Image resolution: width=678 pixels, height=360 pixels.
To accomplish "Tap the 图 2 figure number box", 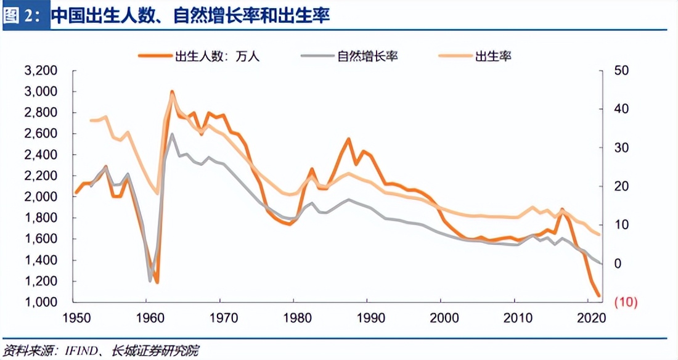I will (23, 15).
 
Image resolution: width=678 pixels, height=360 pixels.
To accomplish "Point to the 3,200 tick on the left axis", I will (41, 71).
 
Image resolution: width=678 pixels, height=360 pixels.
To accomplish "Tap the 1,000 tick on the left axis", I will (41, 302).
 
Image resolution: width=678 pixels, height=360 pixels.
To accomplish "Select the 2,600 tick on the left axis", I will (41, 134).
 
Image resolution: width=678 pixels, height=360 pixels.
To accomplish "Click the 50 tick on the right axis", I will (622, 71).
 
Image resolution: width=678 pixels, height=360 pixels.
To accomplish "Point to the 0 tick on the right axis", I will (618, 264).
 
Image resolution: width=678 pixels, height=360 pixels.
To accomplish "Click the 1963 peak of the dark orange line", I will (172, 92).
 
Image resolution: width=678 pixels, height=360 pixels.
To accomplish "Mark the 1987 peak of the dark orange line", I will (349, 139).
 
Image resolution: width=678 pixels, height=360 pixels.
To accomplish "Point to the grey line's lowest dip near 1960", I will (150, 280).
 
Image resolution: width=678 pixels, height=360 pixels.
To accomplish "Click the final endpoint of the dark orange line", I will (598, 297).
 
